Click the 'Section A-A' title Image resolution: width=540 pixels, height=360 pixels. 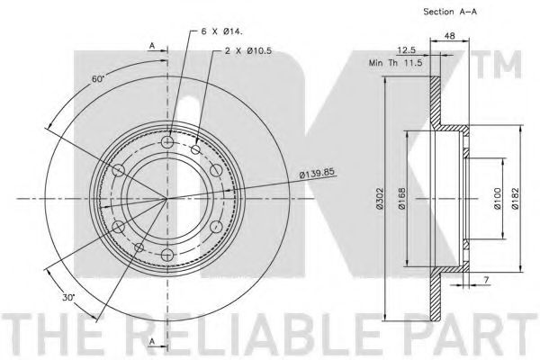click(450, 12)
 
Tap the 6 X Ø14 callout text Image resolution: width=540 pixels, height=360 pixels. click(221, 31)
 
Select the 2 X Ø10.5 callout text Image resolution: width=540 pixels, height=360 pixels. click(248, 51)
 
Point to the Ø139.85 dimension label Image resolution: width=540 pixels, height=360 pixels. click(317, 173)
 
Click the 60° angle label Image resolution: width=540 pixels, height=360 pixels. click(98, 79)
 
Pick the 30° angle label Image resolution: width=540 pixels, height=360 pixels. click(69, 297)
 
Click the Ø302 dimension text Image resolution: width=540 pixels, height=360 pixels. click(380, 198)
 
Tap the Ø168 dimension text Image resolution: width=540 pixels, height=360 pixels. click(402, 198)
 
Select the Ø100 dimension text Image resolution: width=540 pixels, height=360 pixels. click(497, 198)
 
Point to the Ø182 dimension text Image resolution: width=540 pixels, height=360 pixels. click(515, 198)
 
